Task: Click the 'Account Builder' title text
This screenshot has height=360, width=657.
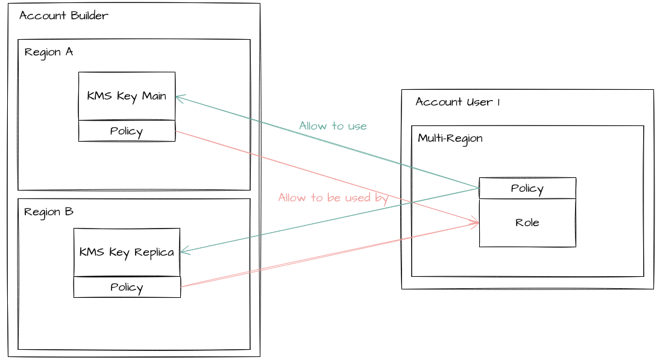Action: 64,16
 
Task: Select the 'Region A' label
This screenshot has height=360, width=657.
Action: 49,52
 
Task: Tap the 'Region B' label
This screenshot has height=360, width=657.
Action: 49,212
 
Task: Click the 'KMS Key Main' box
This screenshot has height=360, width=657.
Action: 127,96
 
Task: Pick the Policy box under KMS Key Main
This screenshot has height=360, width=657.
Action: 127,131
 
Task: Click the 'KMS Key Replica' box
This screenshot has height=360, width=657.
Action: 127,252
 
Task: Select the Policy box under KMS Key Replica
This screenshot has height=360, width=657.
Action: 127,287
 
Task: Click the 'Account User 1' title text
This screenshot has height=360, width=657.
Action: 457,102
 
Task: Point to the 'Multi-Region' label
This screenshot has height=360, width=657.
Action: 450,138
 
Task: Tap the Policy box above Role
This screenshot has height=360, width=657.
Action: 527,188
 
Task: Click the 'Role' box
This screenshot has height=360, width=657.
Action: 527,223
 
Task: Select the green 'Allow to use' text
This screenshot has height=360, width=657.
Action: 333,125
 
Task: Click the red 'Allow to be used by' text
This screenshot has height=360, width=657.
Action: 333,197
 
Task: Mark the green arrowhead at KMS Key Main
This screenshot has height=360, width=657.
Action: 178,97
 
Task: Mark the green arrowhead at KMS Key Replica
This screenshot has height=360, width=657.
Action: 183,251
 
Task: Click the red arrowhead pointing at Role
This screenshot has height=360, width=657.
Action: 476,223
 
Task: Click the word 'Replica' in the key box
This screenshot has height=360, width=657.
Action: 154,252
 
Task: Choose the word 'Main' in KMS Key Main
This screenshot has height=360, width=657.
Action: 154,96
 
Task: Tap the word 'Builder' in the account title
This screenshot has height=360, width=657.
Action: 88,16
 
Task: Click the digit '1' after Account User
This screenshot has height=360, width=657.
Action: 498,102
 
